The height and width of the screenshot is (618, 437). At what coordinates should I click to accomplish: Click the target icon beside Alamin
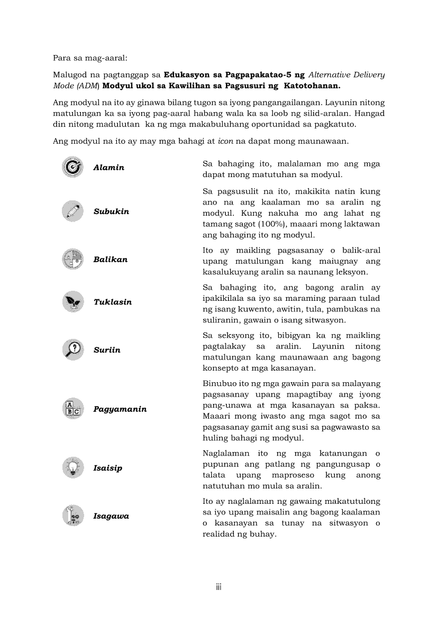(x=72, y=167)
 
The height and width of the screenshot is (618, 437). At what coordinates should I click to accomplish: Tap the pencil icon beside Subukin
(x=72, y=211)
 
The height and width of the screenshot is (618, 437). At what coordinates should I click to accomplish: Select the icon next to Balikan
(x=72, y=260)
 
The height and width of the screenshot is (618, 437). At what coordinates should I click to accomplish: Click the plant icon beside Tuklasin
(x=72, y=302)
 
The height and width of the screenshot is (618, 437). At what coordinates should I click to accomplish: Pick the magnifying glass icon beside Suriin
(x=72, y=350)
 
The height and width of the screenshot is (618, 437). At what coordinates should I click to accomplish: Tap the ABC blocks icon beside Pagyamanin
(x=72, y=409)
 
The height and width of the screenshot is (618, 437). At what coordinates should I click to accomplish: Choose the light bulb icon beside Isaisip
(x=72, y=468)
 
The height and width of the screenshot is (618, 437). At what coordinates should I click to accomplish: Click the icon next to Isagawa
(x=72, y=516)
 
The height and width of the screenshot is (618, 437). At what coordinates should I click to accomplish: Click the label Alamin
(x=109, y=168)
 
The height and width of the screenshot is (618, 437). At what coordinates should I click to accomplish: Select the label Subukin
(x=111, y=211)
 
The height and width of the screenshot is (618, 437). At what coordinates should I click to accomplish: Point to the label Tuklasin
(x=113, y=302)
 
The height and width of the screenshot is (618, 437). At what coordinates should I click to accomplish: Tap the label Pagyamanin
(x=120, y=409)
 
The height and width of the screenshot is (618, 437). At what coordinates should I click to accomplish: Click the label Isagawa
(x=111, y=516)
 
